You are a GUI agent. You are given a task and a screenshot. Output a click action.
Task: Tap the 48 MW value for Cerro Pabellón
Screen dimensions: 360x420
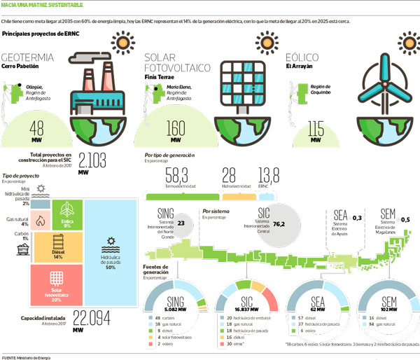point(38,128)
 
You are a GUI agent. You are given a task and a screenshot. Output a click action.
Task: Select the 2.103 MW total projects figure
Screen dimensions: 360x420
point(94,159)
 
